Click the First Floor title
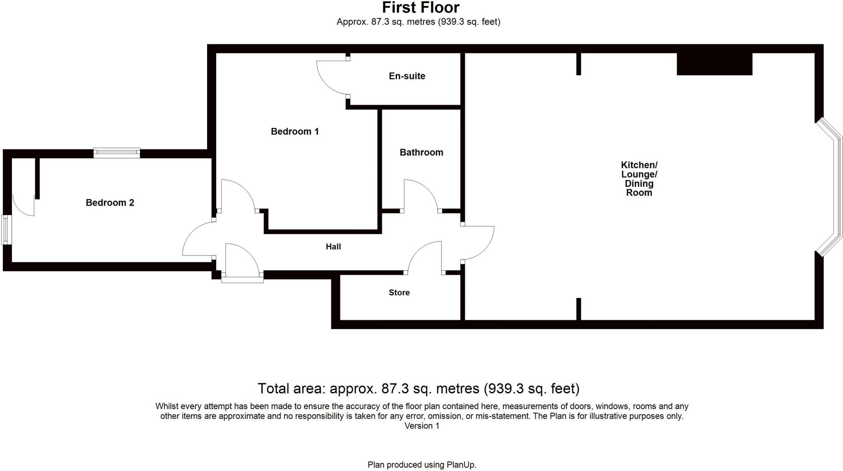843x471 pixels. point(421,8)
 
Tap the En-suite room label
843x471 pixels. point(407,76)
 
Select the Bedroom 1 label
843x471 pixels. point(295,132)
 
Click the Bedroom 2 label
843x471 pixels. point(110,203)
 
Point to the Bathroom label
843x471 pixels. point(421,153)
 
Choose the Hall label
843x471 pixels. point(333,247)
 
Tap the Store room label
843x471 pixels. point(399,293)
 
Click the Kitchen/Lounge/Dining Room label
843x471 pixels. point(639,179)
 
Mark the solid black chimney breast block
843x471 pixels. point(714,64)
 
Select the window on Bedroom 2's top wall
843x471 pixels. point(117,153)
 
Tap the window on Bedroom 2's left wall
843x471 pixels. point(6,230)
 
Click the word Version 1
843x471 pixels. point(421,426)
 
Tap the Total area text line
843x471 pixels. point(418,388)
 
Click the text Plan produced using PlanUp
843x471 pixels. point(421,465)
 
